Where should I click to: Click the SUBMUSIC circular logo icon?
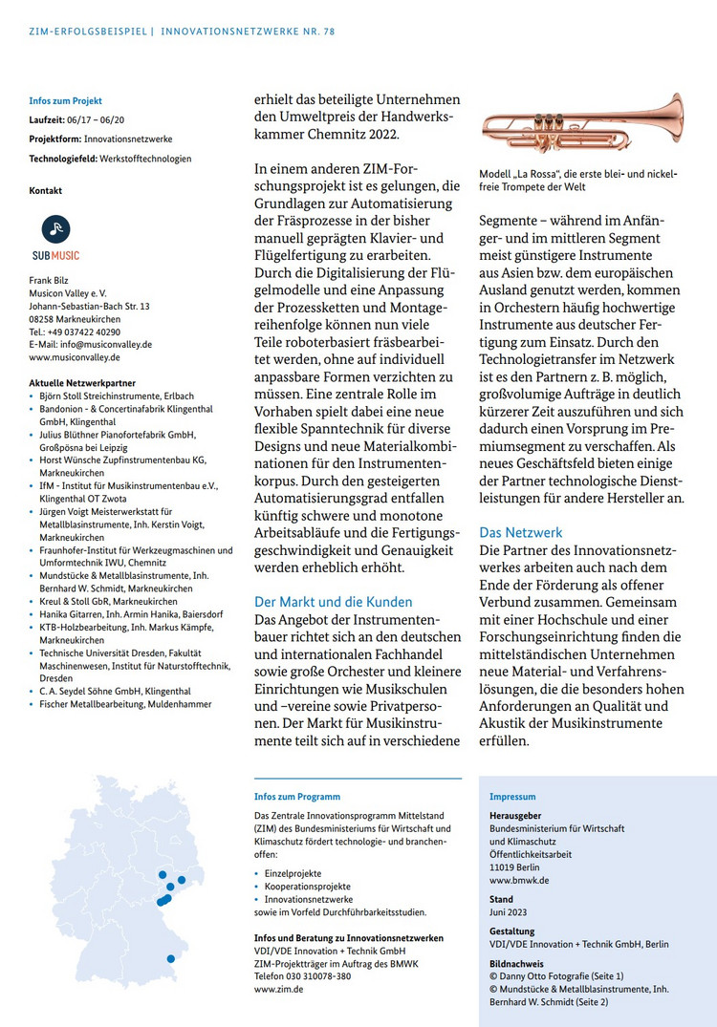coord(56,228)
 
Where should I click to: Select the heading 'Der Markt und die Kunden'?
coord(333,602)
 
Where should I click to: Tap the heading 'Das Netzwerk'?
coord(521,532)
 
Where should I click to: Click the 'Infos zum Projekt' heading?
coord(65,100)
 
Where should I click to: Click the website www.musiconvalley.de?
coord(75,357)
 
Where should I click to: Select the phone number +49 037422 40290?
coord(94,332)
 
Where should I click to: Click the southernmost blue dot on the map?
coord(171,958)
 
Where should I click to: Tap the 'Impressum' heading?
coord(512,797)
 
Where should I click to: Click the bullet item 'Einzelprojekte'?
coord(293,873)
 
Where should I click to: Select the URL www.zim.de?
coord(279,990)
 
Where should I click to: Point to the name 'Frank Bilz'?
coord(50,281)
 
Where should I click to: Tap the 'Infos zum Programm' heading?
coord(296,797)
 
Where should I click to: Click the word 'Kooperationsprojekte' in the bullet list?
coord(307,887)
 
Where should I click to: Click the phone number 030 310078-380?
coord(331,976)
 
